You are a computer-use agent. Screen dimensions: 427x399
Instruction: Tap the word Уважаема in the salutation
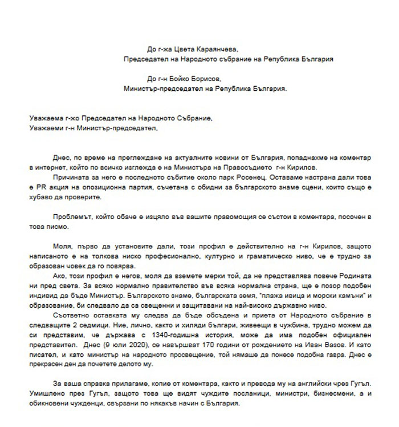[x=46, y=118]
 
